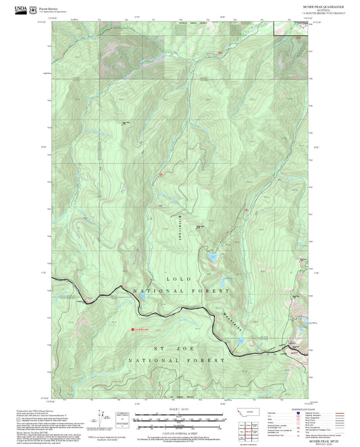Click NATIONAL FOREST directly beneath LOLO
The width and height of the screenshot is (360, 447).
click(180, 291)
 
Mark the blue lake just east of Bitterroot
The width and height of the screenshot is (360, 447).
click(213, 257)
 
